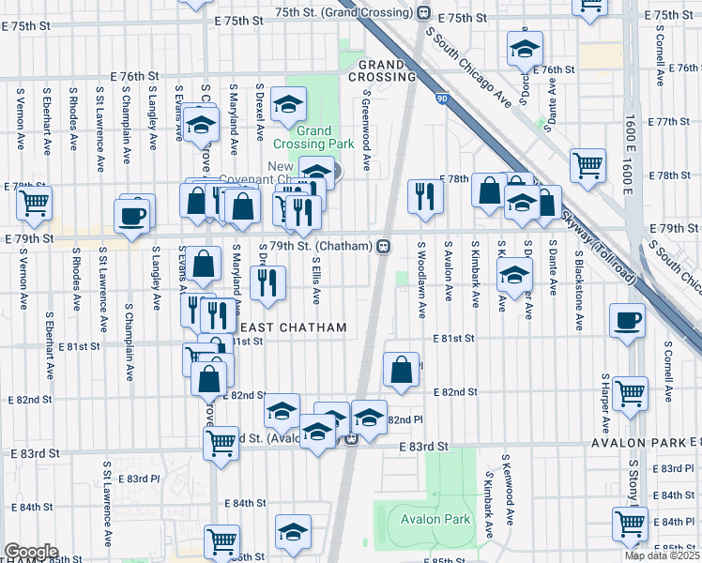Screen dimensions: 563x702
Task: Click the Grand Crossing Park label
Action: click(313, 137)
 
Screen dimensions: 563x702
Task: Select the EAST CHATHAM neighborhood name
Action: click(294, 327)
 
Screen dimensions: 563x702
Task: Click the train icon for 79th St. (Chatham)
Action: click(384, 247)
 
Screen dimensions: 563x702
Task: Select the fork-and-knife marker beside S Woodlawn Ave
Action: click(424, 196)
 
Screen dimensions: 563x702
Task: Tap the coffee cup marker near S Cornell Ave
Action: click(627, 320)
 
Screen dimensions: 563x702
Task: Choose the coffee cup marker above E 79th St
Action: click(131, 215)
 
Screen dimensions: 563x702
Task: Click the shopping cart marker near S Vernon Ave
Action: click(34, 201)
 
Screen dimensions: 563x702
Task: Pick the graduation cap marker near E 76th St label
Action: click(525, 47)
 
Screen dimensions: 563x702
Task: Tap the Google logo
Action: click(31, 552)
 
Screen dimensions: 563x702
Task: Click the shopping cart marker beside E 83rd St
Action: click(221, 440)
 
